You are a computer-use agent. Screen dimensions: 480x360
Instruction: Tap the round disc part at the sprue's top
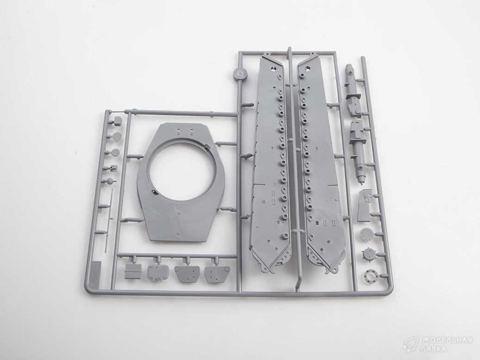[240, 74]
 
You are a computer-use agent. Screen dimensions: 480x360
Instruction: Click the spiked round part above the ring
[369, 254]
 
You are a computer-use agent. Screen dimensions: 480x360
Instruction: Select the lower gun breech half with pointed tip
[358, 152]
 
